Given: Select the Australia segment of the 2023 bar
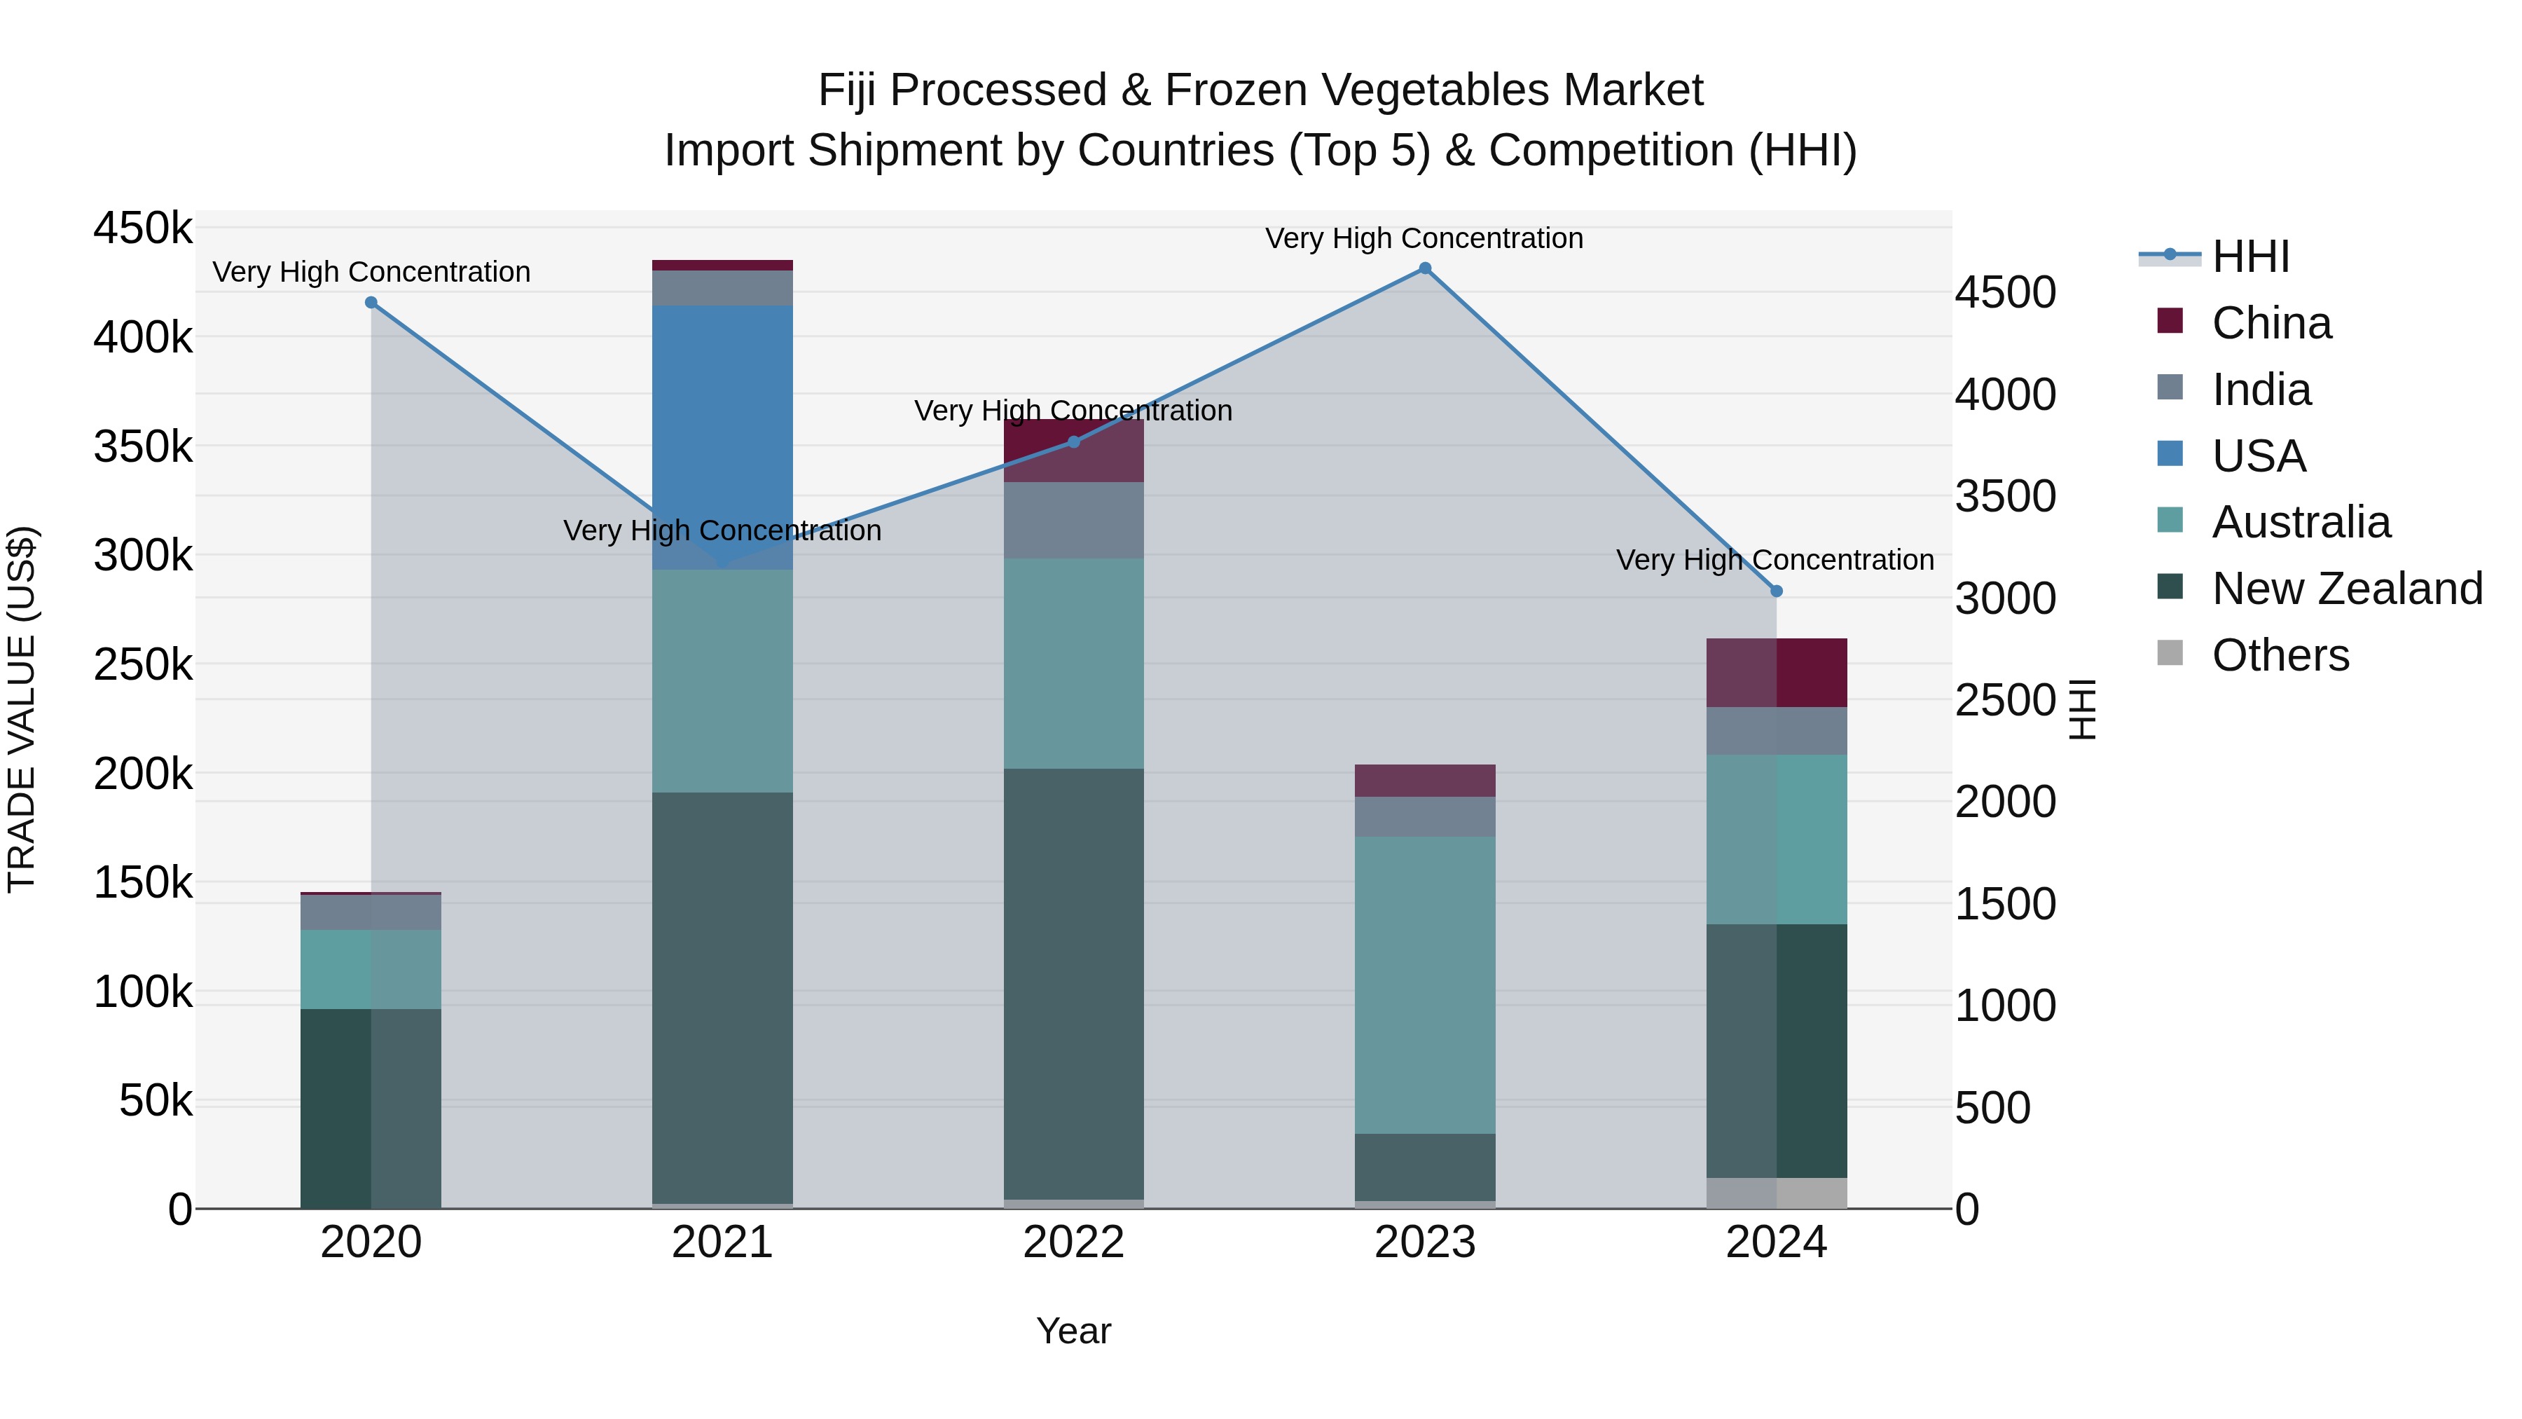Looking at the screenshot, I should point(1424,985).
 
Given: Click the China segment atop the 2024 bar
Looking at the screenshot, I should point(1776,672).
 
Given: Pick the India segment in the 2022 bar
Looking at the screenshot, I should point(1073,520).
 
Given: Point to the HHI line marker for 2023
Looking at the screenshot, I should point(1424,268).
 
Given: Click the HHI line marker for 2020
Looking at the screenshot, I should point(371,303).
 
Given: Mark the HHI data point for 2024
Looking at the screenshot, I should point(1776,591).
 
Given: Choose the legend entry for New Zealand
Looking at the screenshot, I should point(2345,589).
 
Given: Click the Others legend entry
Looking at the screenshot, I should point(2279,655).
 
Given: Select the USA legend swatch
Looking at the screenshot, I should point(2170,454).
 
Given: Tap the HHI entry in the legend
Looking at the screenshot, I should point(2249,256).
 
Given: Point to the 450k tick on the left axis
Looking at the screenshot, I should point(143,228).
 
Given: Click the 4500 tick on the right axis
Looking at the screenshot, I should point(2005,293).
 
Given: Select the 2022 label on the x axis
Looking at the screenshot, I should point(1073,1242).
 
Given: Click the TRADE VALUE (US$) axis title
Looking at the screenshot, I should point(22,709).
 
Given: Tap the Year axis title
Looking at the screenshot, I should point(1073,1331).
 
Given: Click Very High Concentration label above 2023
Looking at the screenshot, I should point(1424,238).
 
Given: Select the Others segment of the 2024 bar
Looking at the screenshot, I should point(1776,1193).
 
